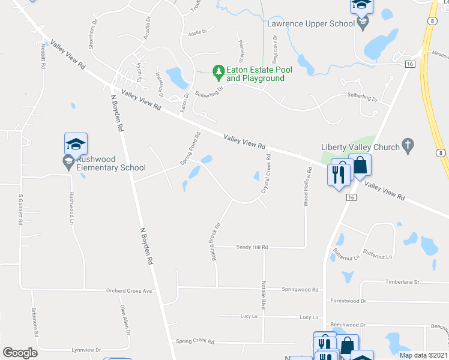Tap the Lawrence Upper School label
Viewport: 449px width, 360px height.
(x=311, y=23)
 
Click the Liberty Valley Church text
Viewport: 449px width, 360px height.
(x=360, y=147)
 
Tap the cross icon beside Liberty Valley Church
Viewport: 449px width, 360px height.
(x=407, y=144)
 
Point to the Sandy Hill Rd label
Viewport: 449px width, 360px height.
(x=252, y=247)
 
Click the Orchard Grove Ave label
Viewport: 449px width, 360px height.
(x=130, y=291)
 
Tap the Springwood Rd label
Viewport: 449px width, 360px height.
(x=300, y=289)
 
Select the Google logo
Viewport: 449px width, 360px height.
(x=20, y=353)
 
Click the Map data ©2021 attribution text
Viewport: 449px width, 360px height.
(x=423, y=355)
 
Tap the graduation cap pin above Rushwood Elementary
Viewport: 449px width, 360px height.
(x=76, y=144)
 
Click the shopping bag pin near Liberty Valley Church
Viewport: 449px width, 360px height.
(x=360, y=166)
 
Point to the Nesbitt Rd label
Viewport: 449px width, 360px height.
(x=43, y=58)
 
